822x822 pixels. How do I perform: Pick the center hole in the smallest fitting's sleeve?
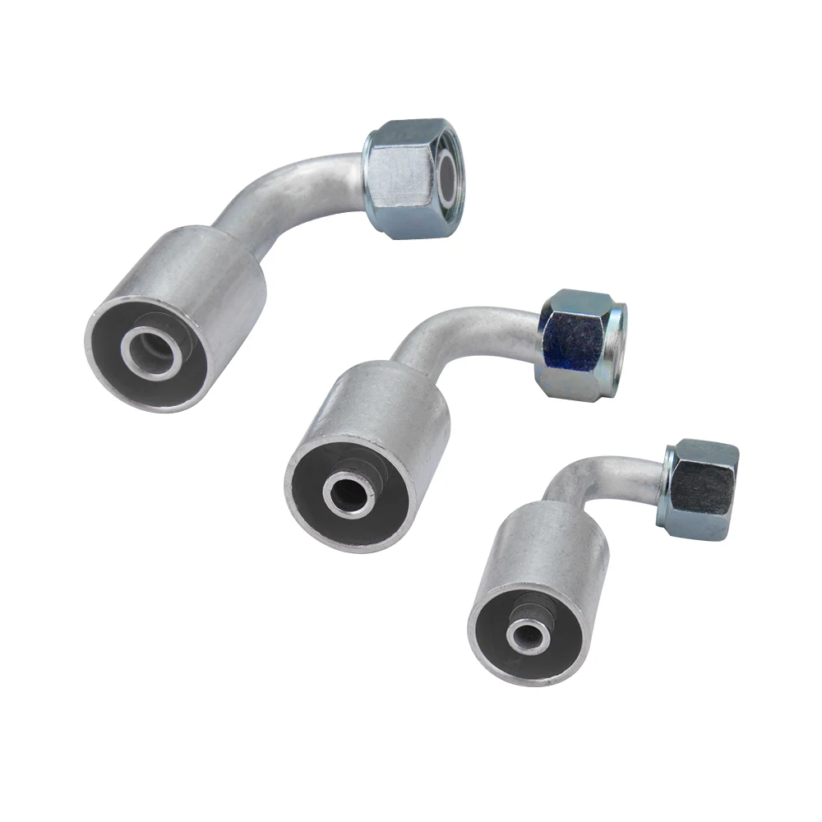point(524,634)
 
